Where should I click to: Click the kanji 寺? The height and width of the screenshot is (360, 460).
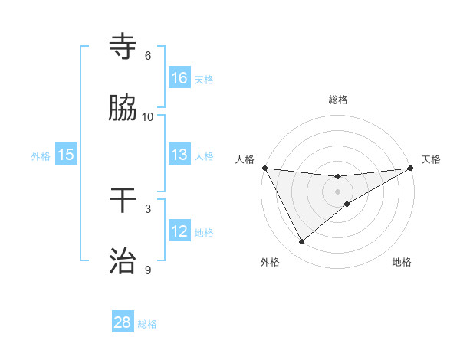tap(123, 47)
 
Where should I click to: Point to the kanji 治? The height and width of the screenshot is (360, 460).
tap(123, 261)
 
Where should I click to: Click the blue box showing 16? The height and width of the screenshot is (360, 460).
tap(179, 78)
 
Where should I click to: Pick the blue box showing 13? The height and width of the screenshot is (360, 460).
tap(179, 155)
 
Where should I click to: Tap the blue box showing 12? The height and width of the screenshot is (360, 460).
tap(179, 231)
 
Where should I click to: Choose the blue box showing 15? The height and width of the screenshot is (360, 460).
tap(66, 155)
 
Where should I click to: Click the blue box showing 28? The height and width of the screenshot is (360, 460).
tap(123, 322)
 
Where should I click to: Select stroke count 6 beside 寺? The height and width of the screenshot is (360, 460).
tap(148, 56)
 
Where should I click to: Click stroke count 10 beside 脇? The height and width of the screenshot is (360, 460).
tap(148, 116)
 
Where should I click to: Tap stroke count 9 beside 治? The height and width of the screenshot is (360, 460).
tap(148, 270)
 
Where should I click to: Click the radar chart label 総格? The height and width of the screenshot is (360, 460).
tap(338, 100)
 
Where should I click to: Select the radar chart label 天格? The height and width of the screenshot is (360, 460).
tap(432, 159)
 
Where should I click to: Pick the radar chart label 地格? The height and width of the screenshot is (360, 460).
tap(402, 263)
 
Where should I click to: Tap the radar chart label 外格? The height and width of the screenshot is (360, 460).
tap(270, 263)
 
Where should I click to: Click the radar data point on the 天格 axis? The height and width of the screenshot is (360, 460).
tap(411, 168)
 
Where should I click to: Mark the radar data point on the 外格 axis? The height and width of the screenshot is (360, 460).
tap(301, 242)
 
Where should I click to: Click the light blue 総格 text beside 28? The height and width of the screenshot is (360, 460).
tap(147, 324)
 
